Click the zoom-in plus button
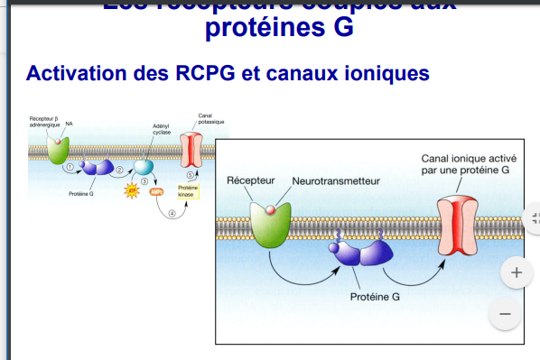tap(517, 272)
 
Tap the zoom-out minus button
tap(505, 314)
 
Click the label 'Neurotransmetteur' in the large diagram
tap(336, 181)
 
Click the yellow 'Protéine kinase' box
tap(186, 190)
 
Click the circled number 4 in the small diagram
tap(172, 214)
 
